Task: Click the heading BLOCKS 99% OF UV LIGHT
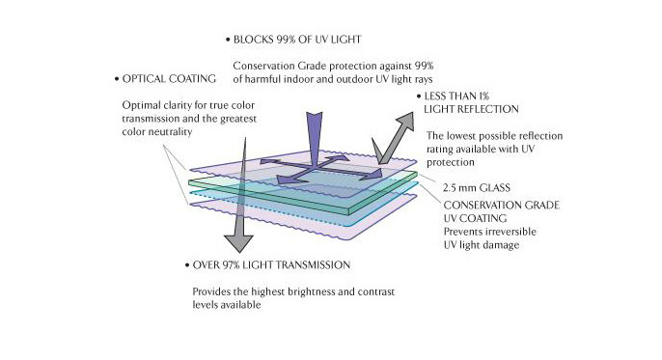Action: [297, 40]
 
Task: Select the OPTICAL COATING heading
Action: [169, 79]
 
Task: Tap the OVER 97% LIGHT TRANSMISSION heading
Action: [271, 265]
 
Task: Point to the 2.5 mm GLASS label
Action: [477, 188]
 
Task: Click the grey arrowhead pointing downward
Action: [238, 243]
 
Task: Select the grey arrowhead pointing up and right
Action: [404, 122]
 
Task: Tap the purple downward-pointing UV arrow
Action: [314, 138]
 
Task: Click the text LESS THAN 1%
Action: [456, 97]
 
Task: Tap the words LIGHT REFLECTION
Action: [471, 109]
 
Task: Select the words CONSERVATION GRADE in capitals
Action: [502, 206]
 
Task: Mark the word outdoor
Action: [355, 79]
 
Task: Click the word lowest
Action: [461, 136]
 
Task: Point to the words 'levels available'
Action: [226, 305]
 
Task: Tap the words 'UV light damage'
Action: [482, 245]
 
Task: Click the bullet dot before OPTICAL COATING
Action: [117, 79]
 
